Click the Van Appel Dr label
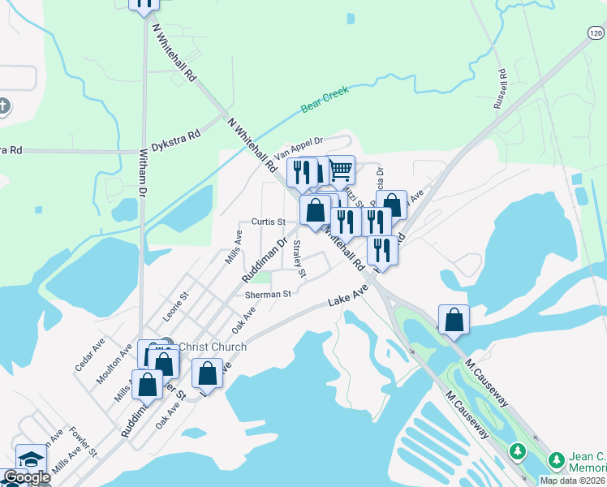[298, 147]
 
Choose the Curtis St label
[268, 221]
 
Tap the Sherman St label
[268, 294]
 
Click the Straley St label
[299, 258]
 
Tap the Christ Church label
[212, 347]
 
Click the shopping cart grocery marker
[341, 170]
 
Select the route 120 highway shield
[595, 33]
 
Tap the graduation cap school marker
[31, 459]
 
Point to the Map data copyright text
[573, 481]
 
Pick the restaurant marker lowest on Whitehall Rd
[382, 250]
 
